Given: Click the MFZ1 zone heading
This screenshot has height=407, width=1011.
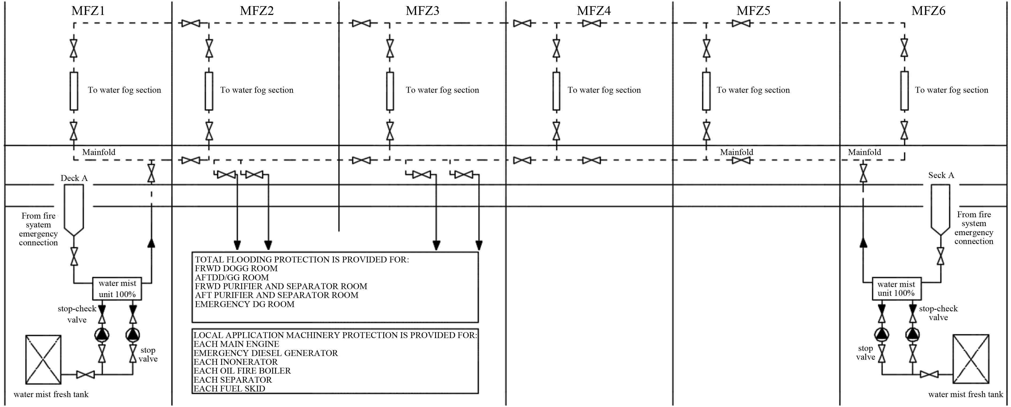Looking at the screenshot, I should click(x=88, y=11).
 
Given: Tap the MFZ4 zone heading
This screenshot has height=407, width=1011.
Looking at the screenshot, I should click(x=593, y=11).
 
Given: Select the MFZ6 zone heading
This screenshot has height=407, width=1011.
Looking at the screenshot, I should click(x=928, y=11).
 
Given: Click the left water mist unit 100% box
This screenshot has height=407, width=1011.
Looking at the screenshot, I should click(x=117, y=289).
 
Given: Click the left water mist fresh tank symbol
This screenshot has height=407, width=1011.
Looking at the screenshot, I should click(x=43, y=359).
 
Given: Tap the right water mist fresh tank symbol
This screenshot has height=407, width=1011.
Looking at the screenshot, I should click(x=971, y=358).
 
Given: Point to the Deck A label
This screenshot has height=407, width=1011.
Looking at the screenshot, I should click(x=74, y=178).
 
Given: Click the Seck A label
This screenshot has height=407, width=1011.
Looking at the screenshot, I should click(x=941, y=175).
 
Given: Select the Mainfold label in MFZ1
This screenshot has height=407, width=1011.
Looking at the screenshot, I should click(x=98, y=152).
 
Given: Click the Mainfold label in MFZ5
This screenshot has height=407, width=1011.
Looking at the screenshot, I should click(x=736, y=152).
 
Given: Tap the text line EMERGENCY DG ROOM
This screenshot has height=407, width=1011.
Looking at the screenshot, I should click(x=244, y=304).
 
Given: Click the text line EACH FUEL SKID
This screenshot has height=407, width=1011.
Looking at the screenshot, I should click(x=229, y=389).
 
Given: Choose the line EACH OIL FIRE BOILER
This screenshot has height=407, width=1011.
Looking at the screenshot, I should click(x=242, y=371).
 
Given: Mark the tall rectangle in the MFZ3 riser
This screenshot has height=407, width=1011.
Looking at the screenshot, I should click(x=390, y=91).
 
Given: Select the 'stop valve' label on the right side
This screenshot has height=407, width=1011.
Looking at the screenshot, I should click(x=866, y=352).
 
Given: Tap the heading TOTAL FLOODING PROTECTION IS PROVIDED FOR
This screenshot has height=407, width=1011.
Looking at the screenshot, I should click(x=301, y=259).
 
